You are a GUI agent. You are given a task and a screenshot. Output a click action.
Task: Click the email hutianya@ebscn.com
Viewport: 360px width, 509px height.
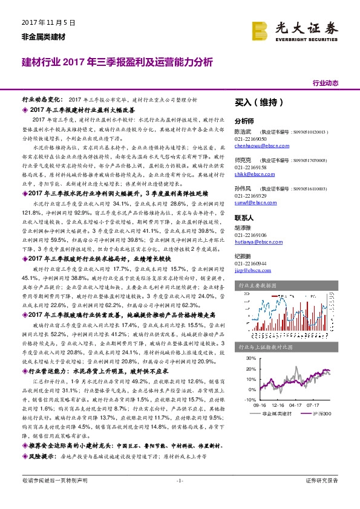[x=256, y=241]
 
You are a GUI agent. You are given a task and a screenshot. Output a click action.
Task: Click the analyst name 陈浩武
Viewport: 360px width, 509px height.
[x=243, y=131]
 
